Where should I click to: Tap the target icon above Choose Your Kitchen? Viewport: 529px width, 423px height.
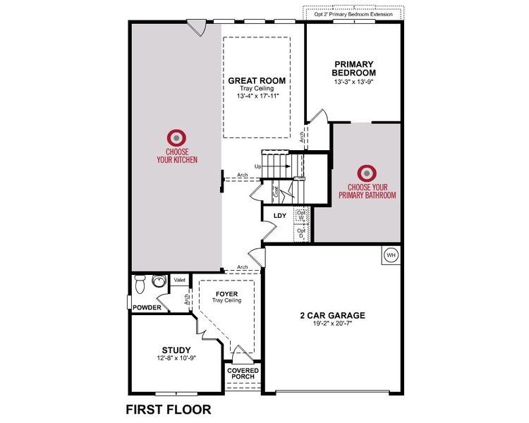coord(176,137)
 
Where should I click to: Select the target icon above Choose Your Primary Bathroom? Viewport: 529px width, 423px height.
coord(366,173)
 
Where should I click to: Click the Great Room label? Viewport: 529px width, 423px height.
coord(257,80)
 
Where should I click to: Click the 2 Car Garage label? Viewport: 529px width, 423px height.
coord(331,316)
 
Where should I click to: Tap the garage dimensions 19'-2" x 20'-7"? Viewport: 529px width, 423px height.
coord(331,324)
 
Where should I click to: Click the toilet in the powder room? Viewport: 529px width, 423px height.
coord(140,283)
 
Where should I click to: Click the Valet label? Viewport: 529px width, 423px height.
coord(179,280)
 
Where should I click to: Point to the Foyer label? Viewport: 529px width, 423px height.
coord(226,293)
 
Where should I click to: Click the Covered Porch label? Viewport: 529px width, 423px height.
coord(243,373)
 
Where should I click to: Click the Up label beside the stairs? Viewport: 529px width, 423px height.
coord(257,167)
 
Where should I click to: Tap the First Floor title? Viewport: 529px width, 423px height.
coord(168,408)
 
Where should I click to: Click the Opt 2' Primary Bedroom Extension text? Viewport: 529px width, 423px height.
coord(354,13)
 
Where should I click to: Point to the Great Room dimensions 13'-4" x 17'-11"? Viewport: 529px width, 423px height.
coord(257,96)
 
